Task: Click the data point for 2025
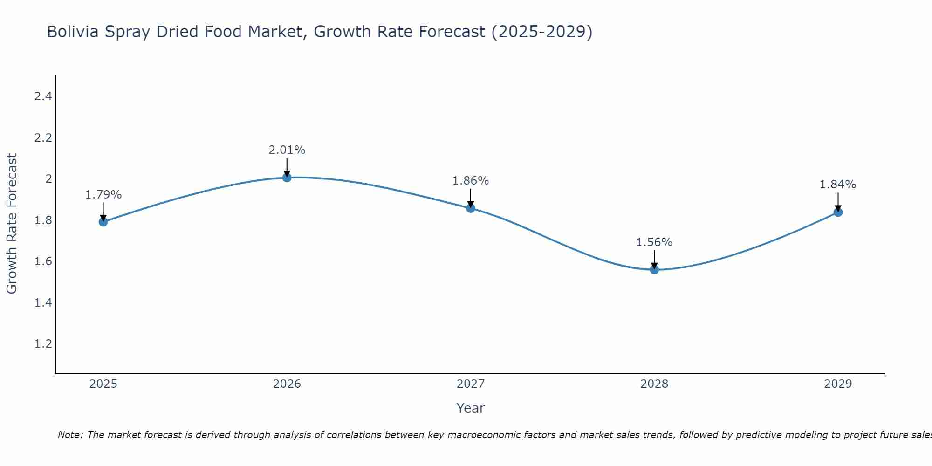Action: pos(103,222)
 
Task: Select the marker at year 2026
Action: pos(287,178)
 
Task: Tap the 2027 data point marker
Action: pos(471,208)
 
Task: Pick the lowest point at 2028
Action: pos(654,269)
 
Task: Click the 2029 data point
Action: pos(838,212)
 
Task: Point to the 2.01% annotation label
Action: pos(287,150)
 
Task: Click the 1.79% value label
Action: pos(103,195)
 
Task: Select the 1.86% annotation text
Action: pos(471,181)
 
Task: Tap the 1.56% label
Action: pos(654,242)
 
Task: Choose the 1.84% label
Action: pos(838,185)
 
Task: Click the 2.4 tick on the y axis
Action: pos(43,96)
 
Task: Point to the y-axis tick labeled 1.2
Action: pos(43,344)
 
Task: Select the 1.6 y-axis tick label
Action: pos(43,261)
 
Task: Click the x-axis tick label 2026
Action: pos(287,384)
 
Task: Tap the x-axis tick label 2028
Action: pos(654,384)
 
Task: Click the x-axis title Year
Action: pos(470,408)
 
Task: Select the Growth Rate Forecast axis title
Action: pos(12,224)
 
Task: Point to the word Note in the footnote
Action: pos(70,435)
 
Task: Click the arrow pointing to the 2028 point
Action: pos(654,259)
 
